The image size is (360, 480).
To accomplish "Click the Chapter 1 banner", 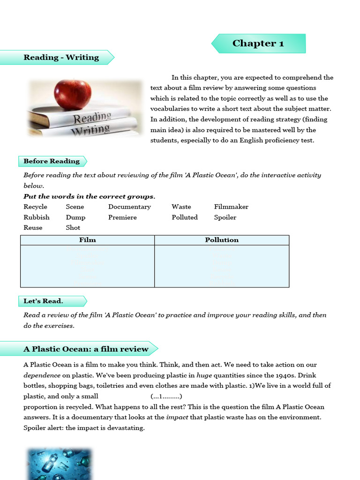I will click(x=258, y=44).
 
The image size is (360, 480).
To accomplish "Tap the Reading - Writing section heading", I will click(x=61, y=58).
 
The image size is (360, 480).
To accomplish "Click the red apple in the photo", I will click(x=73, y=94).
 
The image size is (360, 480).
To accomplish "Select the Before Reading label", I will click(x=52, y=161).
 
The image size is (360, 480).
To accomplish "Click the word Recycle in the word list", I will click(x=36, y=207).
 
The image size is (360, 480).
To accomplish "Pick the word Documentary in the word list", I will click(x=129, y=207).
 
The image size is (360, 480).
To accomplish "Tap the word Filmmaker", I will click(x=231, y=207).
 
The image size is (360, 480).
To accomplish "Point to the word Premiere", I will click(x=122, y=217).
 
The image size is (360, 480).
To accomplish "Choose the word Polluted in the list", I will click(x=185, y=217).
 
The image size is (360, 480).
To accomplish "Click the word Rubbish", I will click(x=37, y=217).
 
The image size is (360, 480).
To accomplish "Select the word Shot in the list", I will click(x=73, y=228).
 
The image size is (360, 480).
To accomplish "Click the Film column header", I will click(x=88, y=240).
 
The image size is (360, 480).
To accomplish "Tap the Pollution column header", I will click(x=222, y=240).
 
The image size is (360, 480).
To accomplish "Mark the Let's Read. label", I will click(x=43, y=301).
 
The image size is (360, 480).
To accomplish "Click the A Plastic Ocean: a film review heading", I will click(x=86, y=349).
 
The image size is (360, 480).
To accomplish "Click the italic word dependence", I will click(x=42, y=375).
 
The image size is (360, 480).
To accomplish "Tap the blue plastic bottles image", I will click(x=59, y=464).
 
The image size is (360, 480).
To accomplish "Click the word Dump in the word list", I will click(x=75, y=217).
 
